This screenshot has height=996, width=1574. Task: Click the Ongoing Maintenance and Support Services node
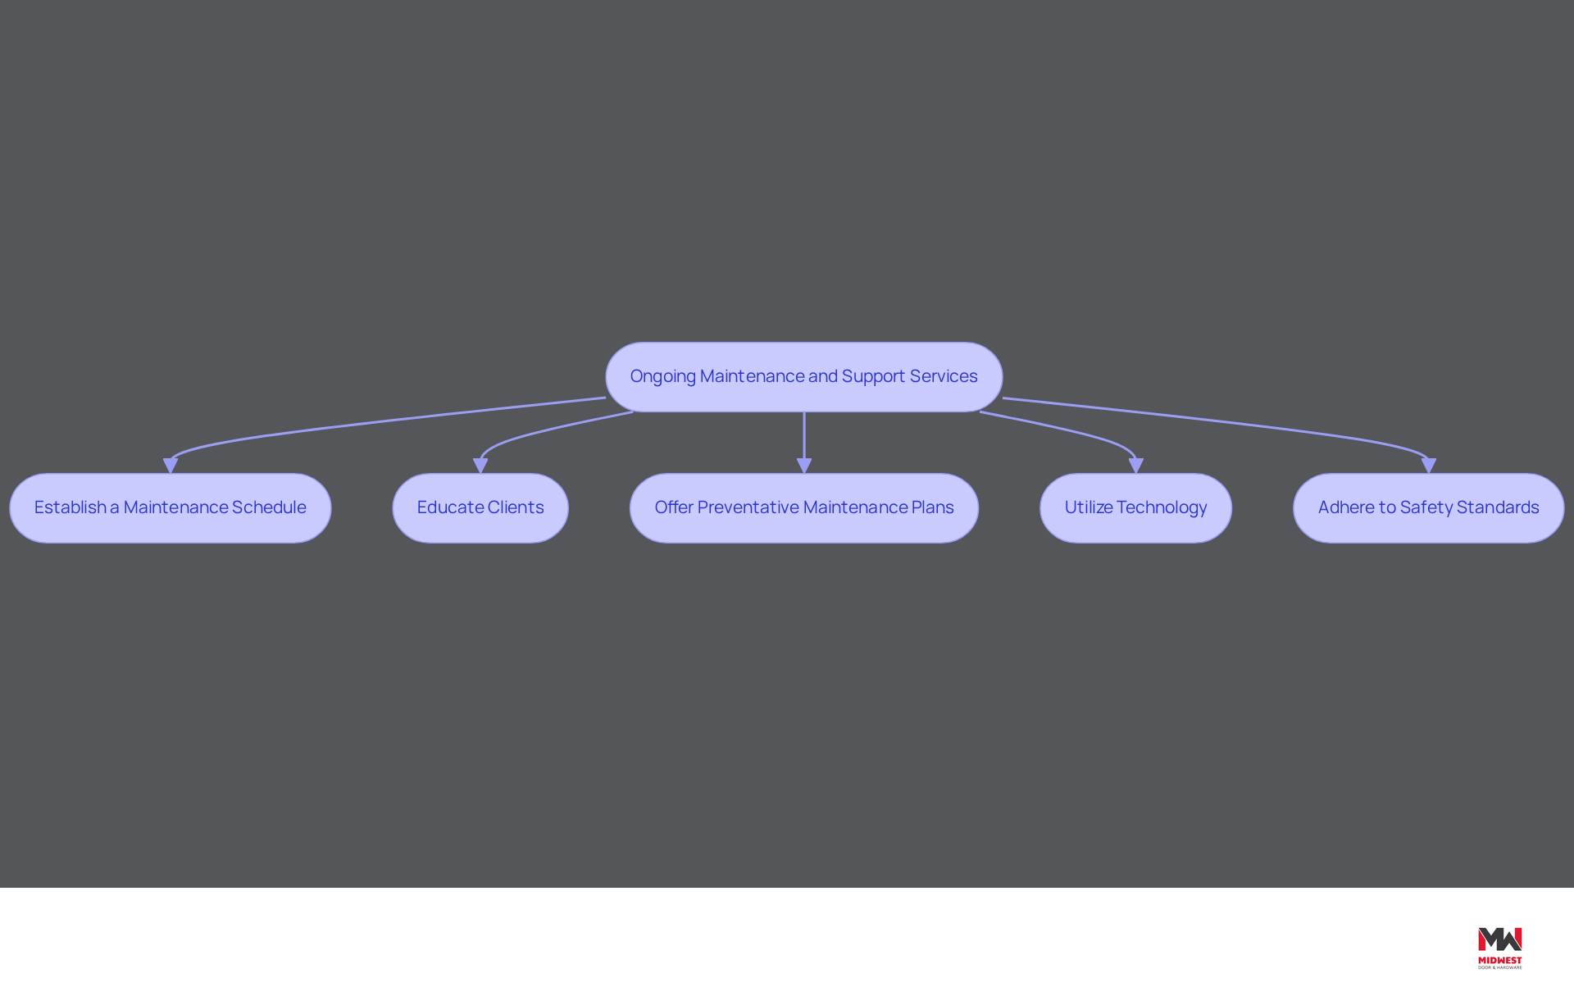(803, 377)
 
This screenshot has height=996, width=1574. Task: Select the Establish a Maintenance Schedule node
(171, 508)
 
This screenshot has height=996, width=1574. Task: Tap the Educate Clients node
(480, 508)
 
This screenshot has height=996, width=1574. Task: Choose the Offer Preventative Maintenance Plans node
(804, 508)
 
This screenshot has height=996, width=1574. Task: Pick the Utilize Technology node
(1135, 508)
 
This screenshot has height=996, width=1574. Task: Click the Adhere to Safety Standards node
(1428, 508)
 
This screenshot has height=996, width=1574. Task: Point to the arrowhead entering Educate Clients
(480, 466)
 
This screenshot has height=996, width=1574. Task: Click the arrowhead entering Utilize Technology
(1135, 466)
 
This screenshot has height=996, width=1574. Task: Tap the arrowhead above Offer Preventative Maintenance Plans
(804, 466)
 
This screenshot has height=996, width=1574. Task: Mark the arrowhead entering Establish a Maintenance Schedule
(171, 466)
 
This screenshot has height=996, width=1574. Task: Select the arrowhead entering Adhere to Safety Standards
(1428, 466)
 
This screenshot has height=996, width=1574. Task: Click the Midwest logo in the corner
(1499, 948)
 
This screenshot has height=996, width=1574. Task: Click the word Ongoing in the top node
(662, 377)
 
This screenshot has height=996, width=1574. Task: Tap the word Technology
(1162, 508)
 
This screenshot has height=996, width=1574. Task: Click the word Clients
(516, 507)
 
